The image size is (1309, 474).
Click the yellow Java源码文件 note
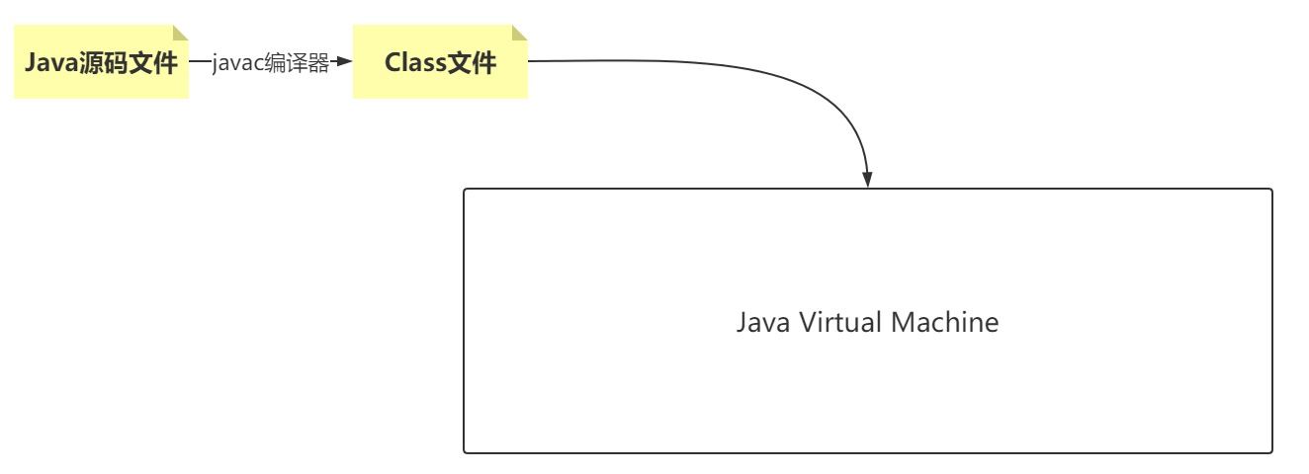[x=101, y=62]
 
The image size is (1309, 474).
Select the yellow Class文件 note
[x=440, y=62]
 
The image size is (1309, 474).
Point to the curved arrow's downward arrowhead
[x=867, y=179]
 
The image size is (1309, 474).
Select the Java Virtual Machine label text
[x=867, y=322]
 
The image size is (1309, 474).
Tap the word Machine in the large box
[x=945, y=322]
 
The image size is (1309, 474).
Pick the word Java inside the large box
[x=762, y=322]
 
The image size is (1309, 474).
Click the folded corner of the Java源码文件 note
[x=180, y=33]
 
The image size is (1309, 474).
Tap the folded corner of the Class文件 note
[x=519, y=33]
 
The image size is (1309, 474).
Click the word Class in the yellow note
[x=415, y=63]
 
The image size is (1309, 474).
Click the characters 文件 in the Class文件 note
[x=473, y=63]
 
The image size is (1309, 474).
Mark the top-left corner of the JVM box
[x=466, y=191]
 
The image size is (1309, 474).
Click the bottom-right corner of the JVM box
[x=1270, y=451]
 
